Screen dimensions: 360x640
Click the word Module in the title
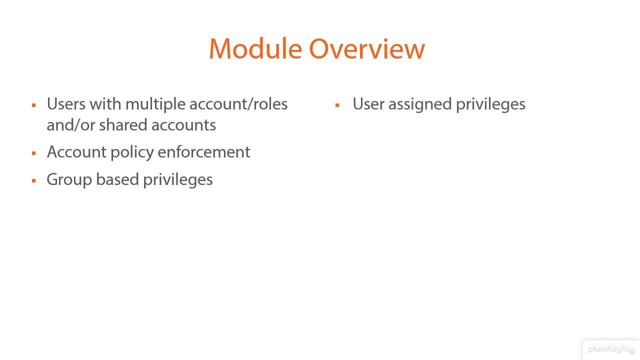pos(255,49)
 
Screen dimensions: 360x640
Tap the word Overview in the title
pos(366,49)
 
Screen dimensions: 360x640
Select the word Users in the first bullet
pos(66,104)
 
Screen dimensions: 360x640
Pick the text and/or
pos(70,125)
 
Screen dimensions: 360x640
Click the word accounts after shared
pos(183,125)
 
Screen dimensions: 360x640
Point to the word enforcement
pos(204,152)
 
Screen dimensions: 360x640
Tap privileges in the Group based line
pos(178,180)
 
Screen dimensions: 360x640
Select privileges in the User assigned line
pos(490,104)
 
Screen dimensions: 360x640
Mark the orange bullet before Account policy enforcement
pos(34,153)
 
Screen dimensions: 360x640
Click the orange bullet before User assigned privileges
pos(337,105)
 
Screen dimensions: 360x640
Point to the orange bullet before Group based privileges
pos(34,180)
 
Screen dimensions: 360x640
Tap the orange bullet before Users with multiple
pos(34,105)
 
